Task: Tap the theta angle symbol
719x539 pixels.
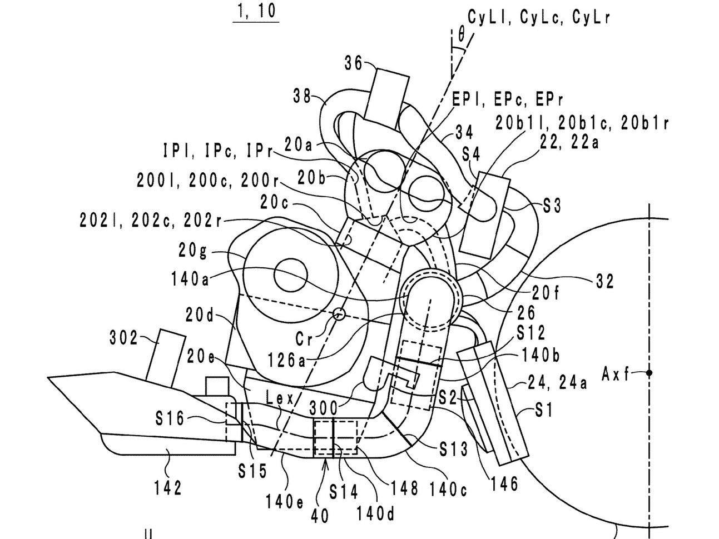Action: pyautogui.click(x=461, y=36)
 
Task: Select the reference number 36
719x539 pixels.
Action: pyautogui.click(x=354, y=63)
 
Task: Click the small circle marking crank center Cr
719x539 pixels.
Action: pyautogui.click(x=339, y=315)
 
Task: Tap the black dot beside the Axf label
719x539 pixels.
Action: pyautogui.click(x=649, y=373)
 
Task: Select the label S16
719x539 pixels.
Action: pyautogui.click(x=170, y=419)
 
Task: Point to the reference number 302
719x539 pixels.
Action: pyautogui.click(x=123, y=338)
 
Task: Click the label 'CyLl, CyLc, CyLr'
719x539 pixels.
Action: pyautogui.click(x=539, y=17)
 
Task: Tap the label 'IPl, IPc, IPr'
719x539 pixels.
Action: pyautogui.click(x=218, y=151)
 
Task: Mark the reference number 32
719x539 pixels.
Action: pyautogui.click(x=604, y=281)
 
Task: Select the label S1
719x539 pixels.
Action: pyautogui.click(x=543, y=411)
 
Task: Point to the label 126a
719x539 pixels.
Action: pyautogui.click(x=286, y=360)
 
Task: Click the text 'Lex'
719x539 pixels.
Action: pyautogui.click(x=280, y=398)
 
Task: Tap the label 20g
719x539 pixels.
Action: pyautogui.click(x=192, y=251)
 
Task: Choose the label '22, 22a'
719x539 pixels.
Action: pyautogui.click(x=569, y=143)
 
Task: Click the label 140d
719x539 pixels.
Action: pyautogui.click(x=375, y=513)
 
